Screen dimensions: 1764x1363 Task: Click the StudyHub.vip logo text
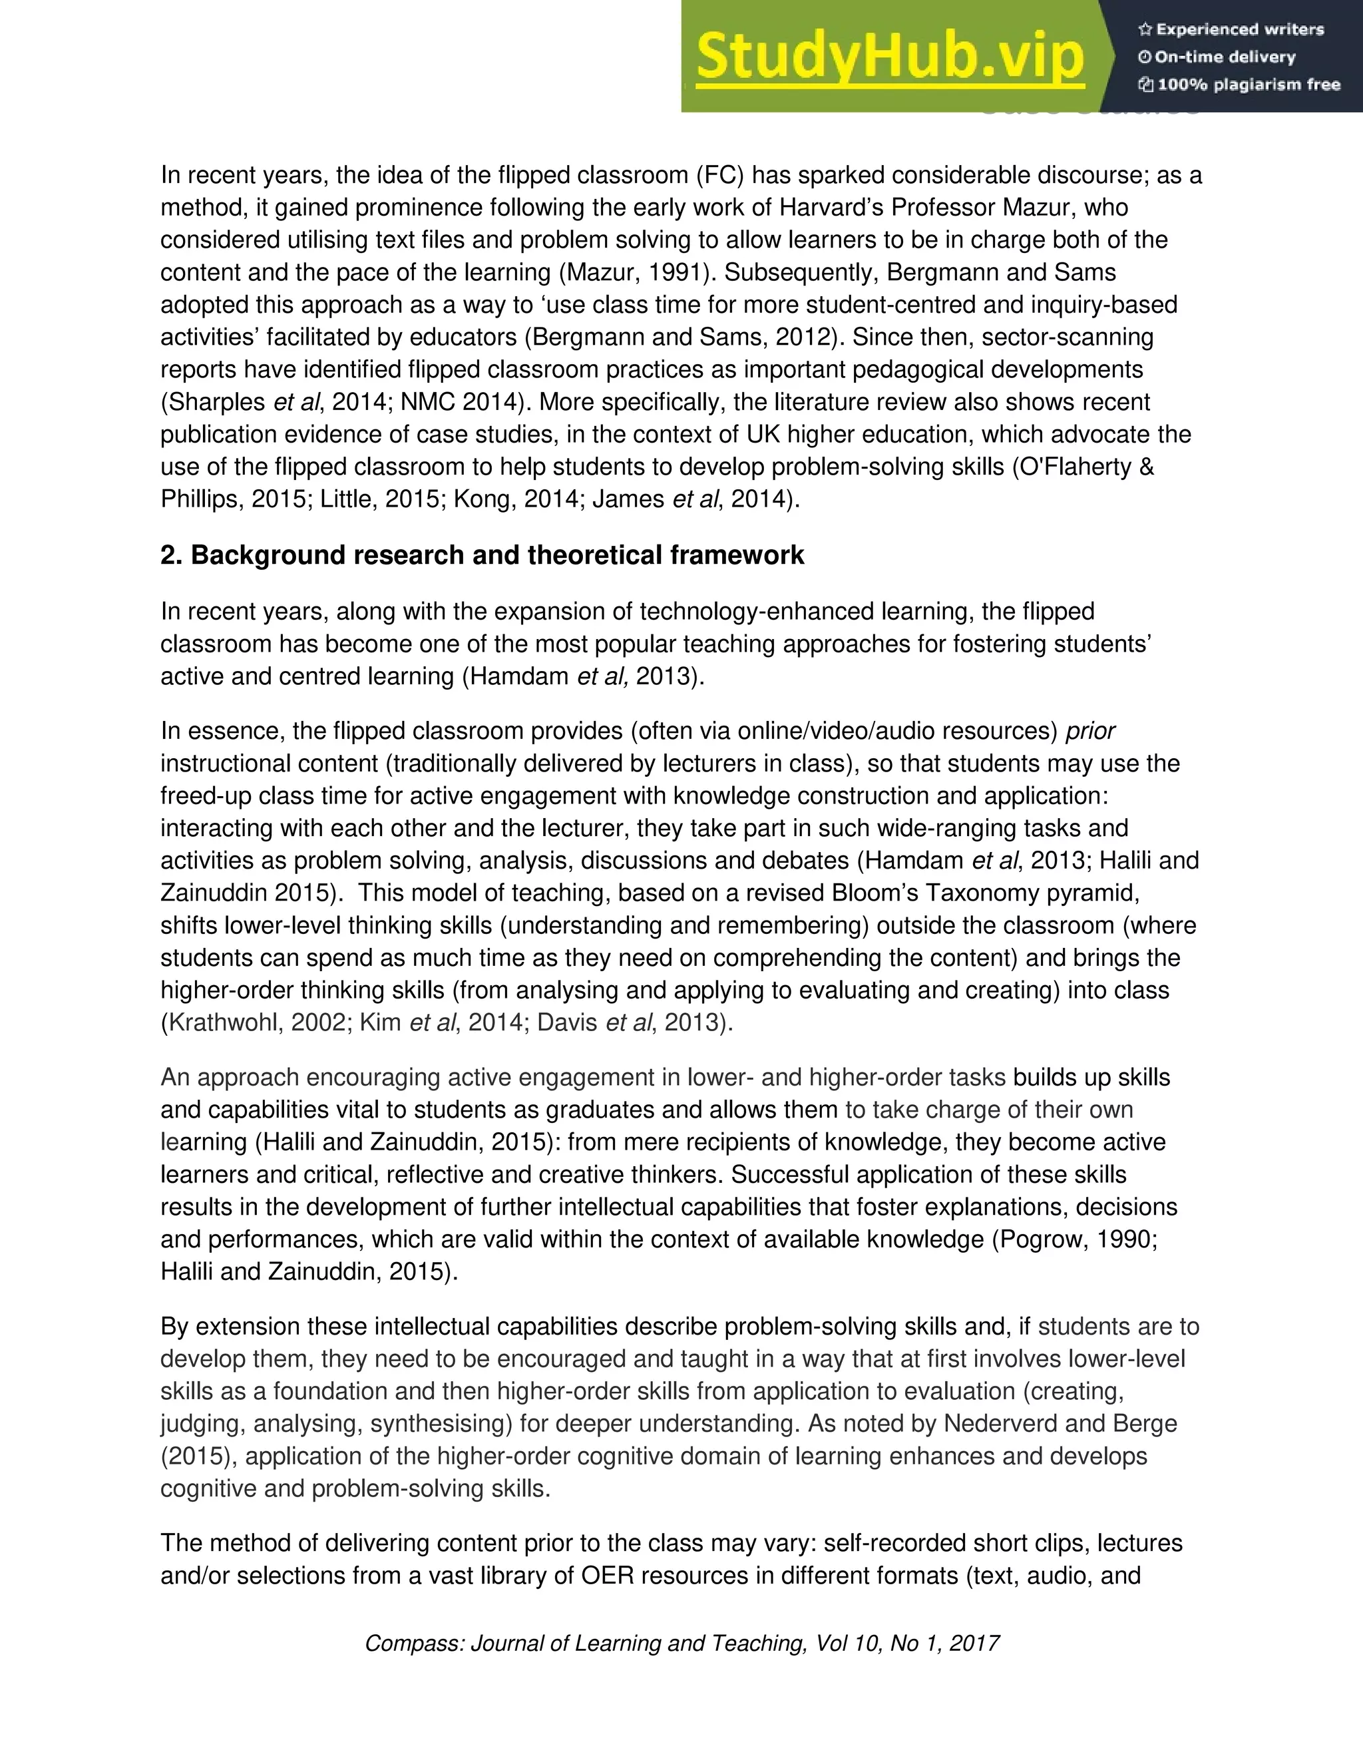pos(888,57)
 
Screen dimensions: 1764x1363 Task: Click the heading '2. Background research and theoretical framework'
pos(482,556)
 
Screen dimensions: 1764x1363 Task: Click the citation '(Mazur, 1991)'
pos(637,272)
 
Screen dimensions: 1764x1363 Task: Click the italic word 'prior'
pos(1090,731)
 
